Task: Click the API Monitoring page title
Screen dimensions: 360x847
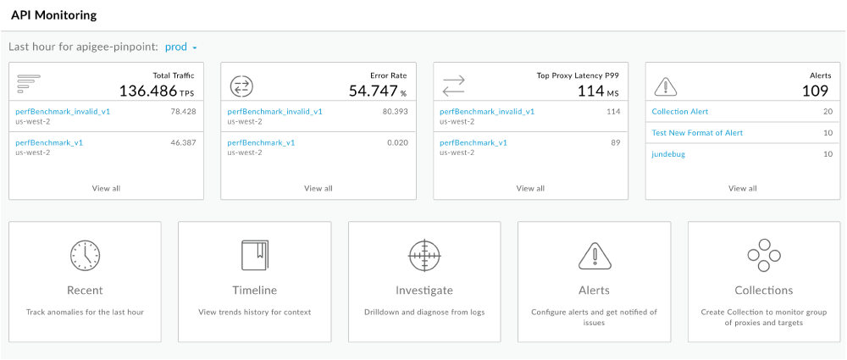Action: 53,15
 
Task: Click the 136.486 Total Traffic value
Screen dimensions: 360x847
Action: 148,91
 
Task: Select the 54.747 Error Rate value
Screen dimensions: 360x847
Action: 373,91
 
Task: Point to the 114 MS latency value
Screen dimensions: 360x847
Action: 591,91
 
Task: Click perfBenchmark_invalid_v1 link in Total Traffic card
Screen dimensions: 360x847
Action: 63,111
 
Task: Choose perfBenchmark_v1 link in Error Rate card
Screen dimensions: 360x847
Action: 262,142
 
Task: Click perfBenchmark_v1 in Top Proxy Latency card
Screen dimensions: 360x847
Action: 473,142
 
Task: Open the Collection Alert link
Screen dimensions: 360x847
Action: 680,111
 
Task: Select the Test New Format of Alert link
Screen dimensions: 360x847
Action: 697,132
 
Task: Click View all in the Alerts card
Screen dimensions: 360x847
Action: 742,188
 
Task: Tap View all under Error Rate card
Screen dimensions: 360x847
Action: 318,188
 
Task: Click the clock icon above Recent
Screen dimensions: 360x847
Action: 85,254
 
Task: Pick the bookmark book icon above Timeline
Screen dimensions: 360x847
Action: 255,254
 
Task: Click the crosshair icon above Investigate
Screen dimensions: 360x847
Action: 424,254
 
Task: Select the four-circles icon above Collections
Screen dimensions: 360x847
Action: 764,254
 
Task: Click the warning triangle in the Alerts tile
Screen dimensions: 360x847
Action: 594,254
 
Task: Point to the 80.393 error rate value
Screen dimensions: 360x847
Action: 395,111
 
